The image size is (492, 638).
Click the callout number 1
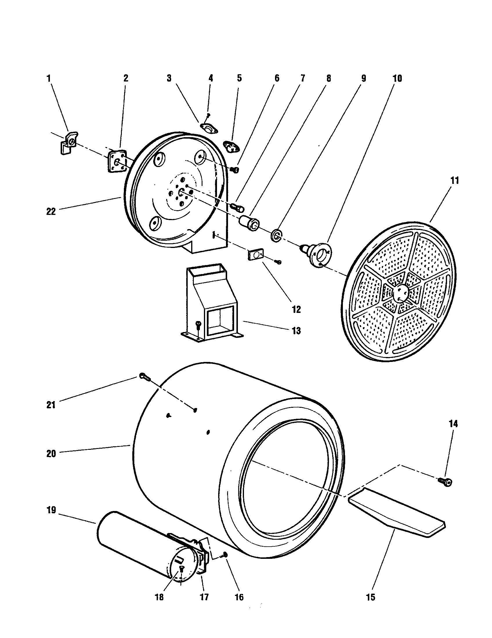point(48,78)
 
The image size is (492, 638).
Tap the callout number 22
point(51,211)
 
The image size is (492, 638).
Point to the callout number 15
point(370,597)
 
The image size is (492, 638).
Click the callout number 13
point(296,331)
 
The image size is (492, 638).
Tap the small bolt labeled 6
point(235,170)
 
